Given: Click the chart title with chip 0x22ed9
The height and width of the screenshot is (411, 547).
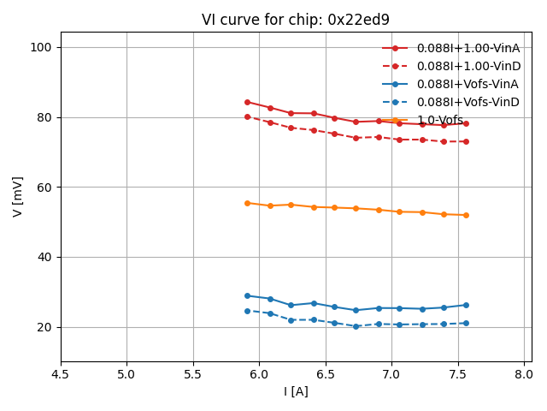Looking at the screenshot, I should point(296,20).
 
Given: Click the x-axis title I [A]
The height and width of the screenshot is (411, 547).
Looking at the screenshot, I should point(296,391).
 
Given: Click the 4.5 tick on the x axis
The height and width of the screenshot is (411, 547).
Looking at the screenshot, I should point(61,374).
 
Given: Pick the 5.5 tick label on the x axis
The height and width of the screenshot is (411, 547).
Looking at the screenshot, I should point(193,374).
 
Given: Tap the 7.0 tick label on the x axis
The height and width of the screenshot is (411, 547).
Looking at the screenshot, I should point(392,374).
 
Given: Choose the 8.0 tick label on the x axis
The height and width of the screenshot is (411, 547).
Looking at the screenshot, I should point(525,374).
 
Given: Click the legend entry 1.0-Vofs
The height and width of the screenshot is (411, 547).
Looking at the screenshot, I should point(439,120).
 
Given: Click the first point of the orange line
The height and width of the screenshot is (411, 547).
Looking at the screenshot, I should point(247,203).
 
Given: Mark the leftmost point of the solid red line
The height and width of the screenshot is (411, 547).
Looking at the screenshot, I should point(247,102).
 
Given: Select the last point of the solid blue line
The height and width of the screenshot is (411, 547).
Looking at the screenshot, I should point(466,305).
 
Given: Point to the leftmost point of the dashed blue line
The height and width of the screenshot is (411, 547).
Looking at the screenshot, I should point(247,311).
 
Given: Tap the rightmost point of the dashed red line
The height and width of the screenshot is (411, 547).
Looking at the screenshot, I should point(466,141).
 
